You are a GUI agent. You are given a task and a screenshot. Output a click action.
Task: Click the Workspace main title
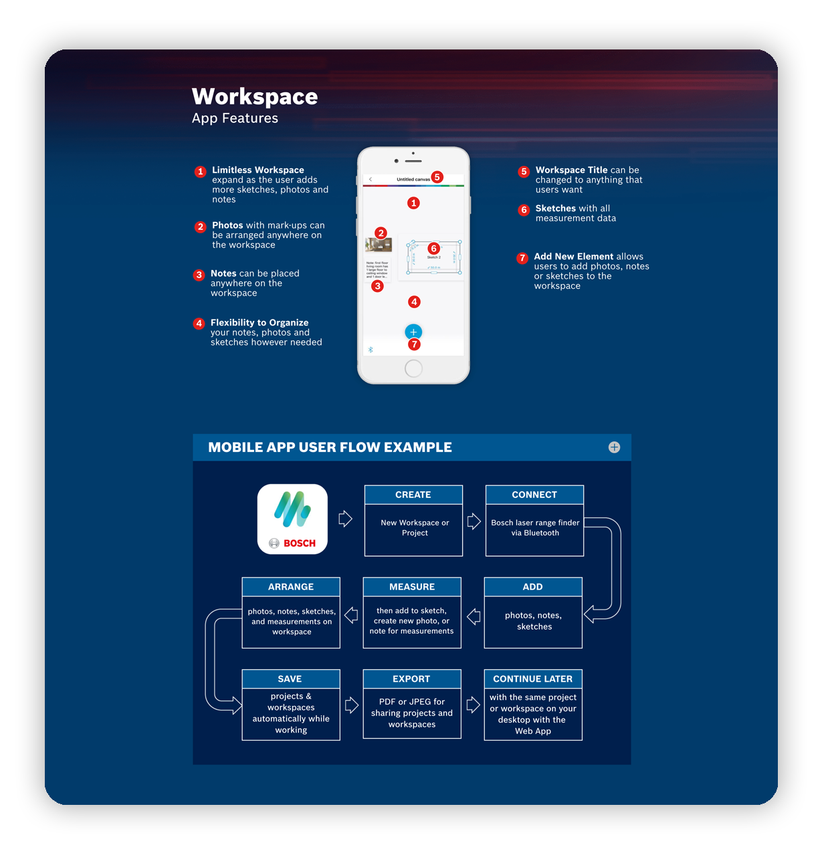[255, 97]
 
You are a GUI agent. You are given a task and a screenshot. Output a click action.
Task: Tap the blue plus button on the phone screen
[413, 332]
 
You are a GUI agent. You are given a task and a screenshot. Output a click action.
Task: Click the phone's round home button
[413, 368]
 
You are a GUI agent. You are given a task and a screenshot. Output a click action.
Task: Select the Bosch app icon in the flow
[292, 519]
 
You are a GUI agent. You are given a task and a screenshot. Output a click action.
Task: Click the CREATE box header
[413, 495]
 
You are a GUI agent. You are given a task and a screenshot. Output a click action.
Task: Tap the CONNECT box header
[534, 495]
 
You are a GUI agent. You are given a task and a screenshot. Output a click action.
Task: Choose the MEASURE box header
[412, 587]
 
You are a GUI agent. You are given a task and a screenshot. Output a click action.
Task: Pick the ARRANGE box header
[291, 587]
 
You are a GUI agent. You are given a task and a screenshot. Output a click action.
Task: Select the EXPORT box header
[411, 679]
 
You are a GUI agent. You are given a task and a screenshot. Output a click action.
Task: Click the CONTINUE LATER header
[533, 679]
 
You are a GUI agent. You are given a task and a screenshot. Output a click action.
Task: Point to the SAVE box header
[290, 679]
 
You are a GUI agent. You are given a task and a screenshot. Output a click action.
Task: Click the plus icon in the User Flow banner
[614, 447]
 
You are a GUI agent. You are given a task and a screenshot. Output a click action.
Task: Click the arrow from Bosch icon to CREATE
[345, 519]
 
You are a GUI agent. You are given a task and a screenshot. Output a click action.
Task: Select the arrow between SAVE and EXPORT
[352, 705]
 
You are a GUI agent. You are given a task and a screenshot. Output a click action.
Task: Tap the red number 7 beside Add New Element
[522, 258]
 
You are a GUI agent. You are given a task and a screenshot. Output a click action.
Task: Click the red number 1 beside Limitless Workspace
[200, 172]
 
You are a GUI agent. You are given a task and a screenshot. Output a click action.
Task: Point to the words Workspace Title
[571, 170]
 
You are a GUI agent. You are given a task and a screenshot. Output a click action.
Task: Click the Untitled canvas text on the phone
[413, 179]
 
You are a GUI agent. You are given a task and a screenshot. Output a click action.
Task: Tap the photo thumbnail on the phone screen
[379, 245]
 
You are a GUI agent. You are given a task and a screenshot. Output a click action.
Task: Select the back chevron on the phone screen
[371, 179]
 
